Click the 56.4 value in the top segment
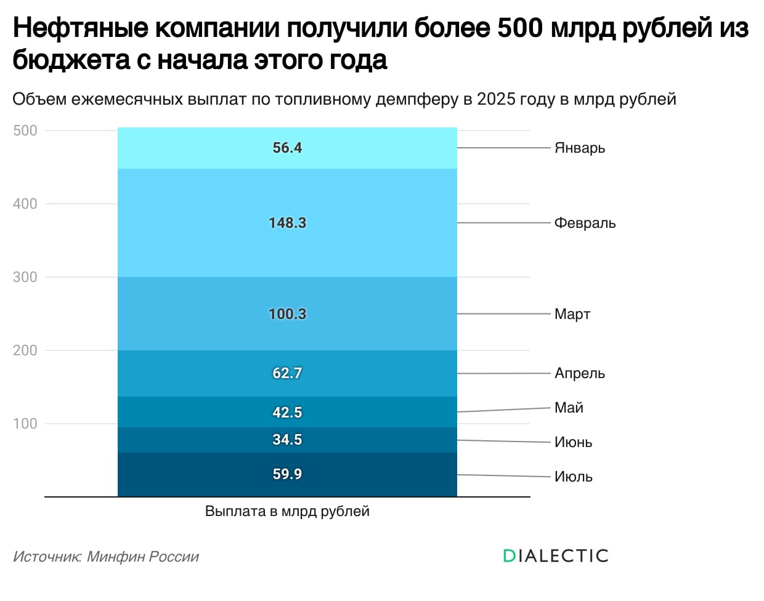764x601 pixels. [x=287, y=148]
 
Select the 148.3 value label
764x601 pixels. [x=287, y=223]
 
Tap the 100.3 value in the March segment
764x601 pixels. [x=287, y=314]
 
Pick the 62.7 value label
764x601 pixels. [x=287, y=373]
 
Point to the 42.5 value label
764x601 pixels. [x=287, y=413]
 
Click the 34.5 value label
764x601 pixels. [x=287, y=440]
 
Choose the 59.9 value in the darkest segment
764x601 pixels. [x=287, y=474]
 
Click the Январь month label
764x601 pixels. [x=580, y=148]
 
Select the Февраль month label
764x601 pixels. [x=585, y=223]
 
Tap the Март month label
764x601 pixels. [x=572, y=314]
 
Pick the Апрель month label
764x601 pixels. [x=580, y=373]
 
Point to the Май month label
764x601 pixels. [x=569, y=408]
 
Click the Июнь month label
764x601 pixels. [x=573, y=442]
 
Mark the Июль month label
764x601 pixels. [x=573, y=477]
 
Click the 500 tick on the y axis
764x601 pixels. [x=25, y=131]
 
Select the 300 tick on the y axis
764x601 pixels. [x=25, y=277]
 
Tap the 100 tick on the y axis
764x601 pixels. [x=25, y=424]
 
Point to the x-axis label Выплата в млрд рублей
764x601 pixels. [x=287, y=511]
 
